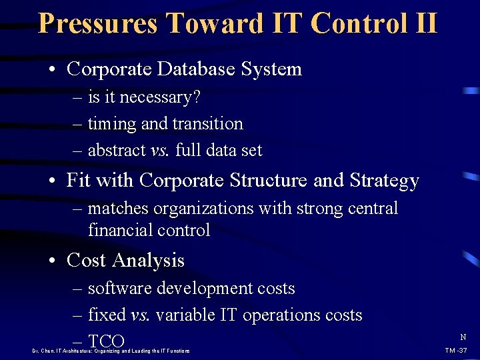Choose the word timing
[x=111, y=125]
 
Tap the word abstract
[x=117, y=151]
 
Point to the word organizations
[x=204, y=209]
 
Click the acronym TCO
[x=106, y=341]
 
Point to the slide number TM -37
[x=456, y=351]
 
